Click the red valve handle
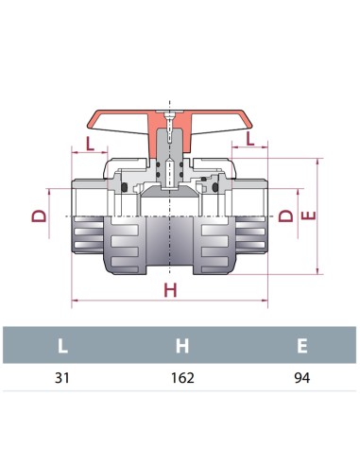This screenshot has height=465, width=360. [123, 122]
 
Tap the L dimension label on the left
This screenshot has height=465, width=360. [88, 144]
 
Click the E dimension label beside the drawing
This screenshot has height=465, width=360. [305, 216]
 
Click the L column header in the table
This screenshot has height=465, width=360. [62, 345]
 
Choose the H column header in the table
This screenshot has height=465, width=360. [181, 345]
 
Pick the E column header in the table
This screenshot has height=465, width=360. [301, 345]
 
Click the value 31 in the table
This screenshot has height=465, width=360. [62, 378]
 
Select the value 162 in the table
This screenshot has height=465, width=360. [181, 378]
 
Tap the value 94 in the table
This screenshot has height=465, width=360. [301, 378]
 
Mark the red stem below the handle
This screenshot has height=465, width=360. [170, 151]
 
